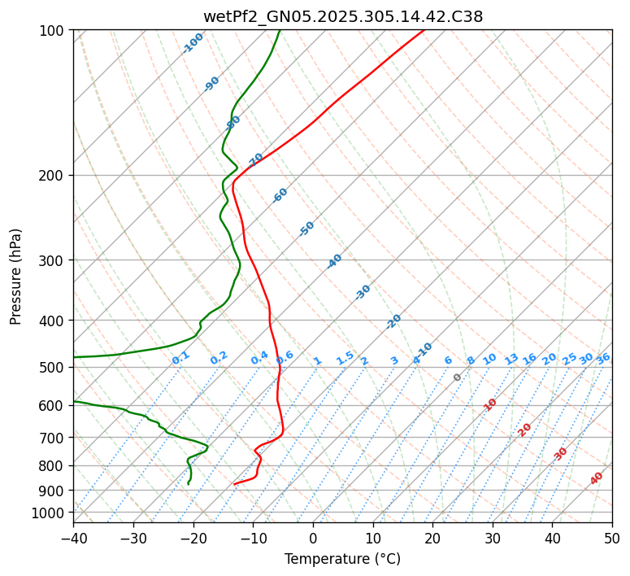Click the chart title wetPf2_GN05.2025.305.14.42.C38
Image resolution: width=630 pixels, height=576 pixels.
click(342, 17)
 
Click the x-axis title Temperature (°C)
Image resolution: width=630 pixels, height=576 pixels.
click(342, 559)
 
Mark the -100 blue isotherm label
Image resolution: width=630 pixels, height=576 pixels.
click(193, 43)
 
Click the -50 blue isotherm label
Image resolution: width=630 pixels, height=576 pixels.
click(306, 229)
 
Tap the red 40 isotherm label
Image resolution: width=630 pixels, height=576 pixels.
click(597, 478)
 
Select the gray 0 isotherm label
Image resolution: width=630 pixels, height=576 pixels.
click(457, 377)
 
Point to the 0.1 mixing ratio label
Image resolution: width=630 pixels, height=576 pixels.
click(180, 357)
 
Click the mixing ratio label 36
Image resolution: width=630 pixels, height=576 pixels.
click(603, 359)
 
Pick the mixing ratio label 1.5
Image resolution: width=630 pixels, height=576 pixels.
click(345, 358)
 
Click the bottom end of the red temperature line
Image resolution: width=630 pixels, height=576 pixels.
click(234, 484)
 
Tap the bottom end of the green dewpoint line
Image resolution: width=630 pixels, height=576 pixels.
click(188, 484)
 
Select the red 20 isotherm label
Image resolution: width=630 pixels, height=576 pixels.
click(525, 430)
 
